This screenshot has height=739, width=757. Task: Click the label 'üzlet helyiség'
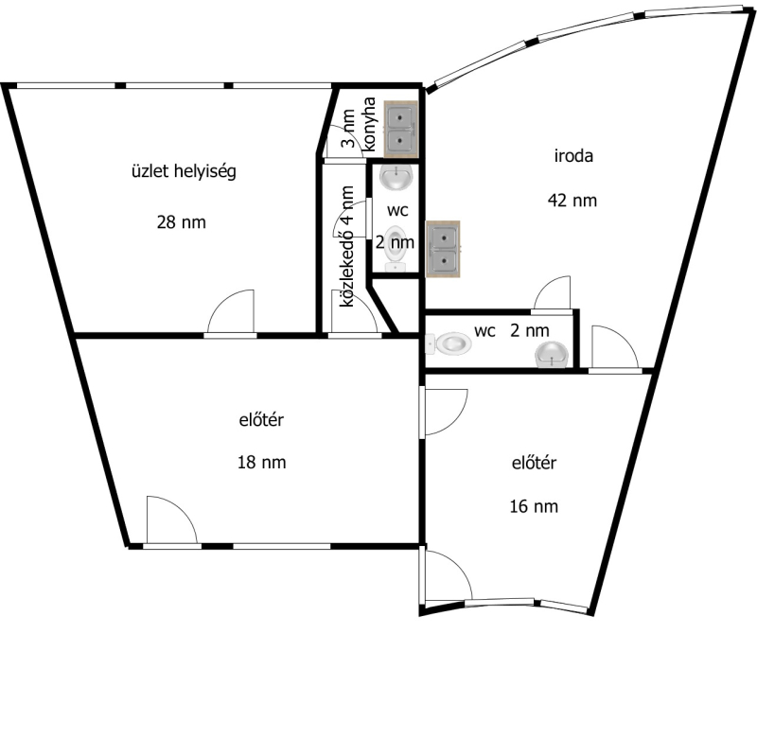coord(184,171)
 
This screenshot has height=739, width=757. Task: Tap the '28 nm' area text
coord(182,222)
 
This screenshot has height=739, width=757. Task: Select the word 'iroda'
coord(573,156)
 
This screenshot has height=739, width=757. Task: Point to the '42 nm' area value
coord(572,201)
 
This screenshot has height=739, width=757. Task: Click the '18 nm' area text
coord(262,463)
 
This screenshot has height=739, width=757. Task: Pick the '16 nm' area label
coord(534,506)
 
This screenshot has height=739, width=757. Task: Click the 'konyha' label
coord(369,124)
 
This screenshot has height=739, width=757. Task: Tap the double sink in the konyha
coord(400,129)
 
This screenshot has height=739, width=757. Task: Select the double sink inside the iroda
coord(443,249)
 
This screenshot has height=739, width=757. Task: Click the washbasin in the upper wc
coord(396,177)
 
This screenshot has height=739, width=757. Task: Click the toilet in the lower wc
coord(449,343)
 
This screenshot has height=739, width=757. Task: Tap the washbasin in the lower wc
coord(552,354)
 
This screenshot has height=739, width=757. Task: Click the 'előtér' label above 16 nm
coord(534,463)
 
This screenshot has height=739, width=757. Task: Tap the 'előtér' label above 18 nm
coord(262,420)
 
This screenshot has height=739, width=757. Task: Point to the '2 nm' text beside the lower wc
coord(530,330)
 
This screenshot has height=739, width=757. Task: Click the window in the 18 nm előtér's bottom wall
coord(282,546)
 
